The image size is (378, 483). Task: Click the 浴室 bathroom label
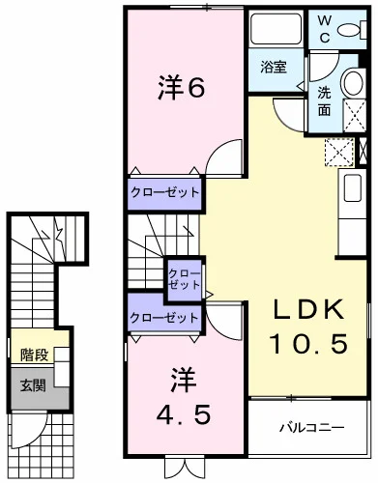[273, 68]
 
